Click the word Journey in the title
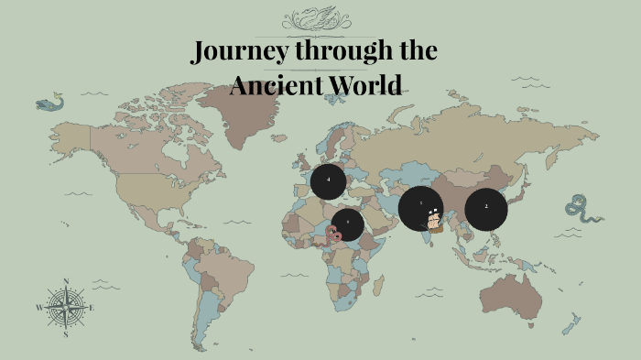(237, 52)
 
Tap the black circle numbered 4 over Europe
(328, 180)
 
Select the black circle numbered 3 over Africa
(348, 224)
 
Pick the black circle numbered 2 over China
(486, 208)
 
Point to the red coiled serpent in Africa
(334, 234)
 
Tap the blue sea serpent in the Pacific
(582, 209)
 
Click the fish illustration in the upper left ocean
(49, 104)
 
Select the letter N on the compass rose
(66, 281)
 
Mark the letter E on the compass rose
(92, 308)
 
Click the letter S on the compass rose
(66, 334)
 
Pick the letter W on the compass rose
(39, 308)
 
